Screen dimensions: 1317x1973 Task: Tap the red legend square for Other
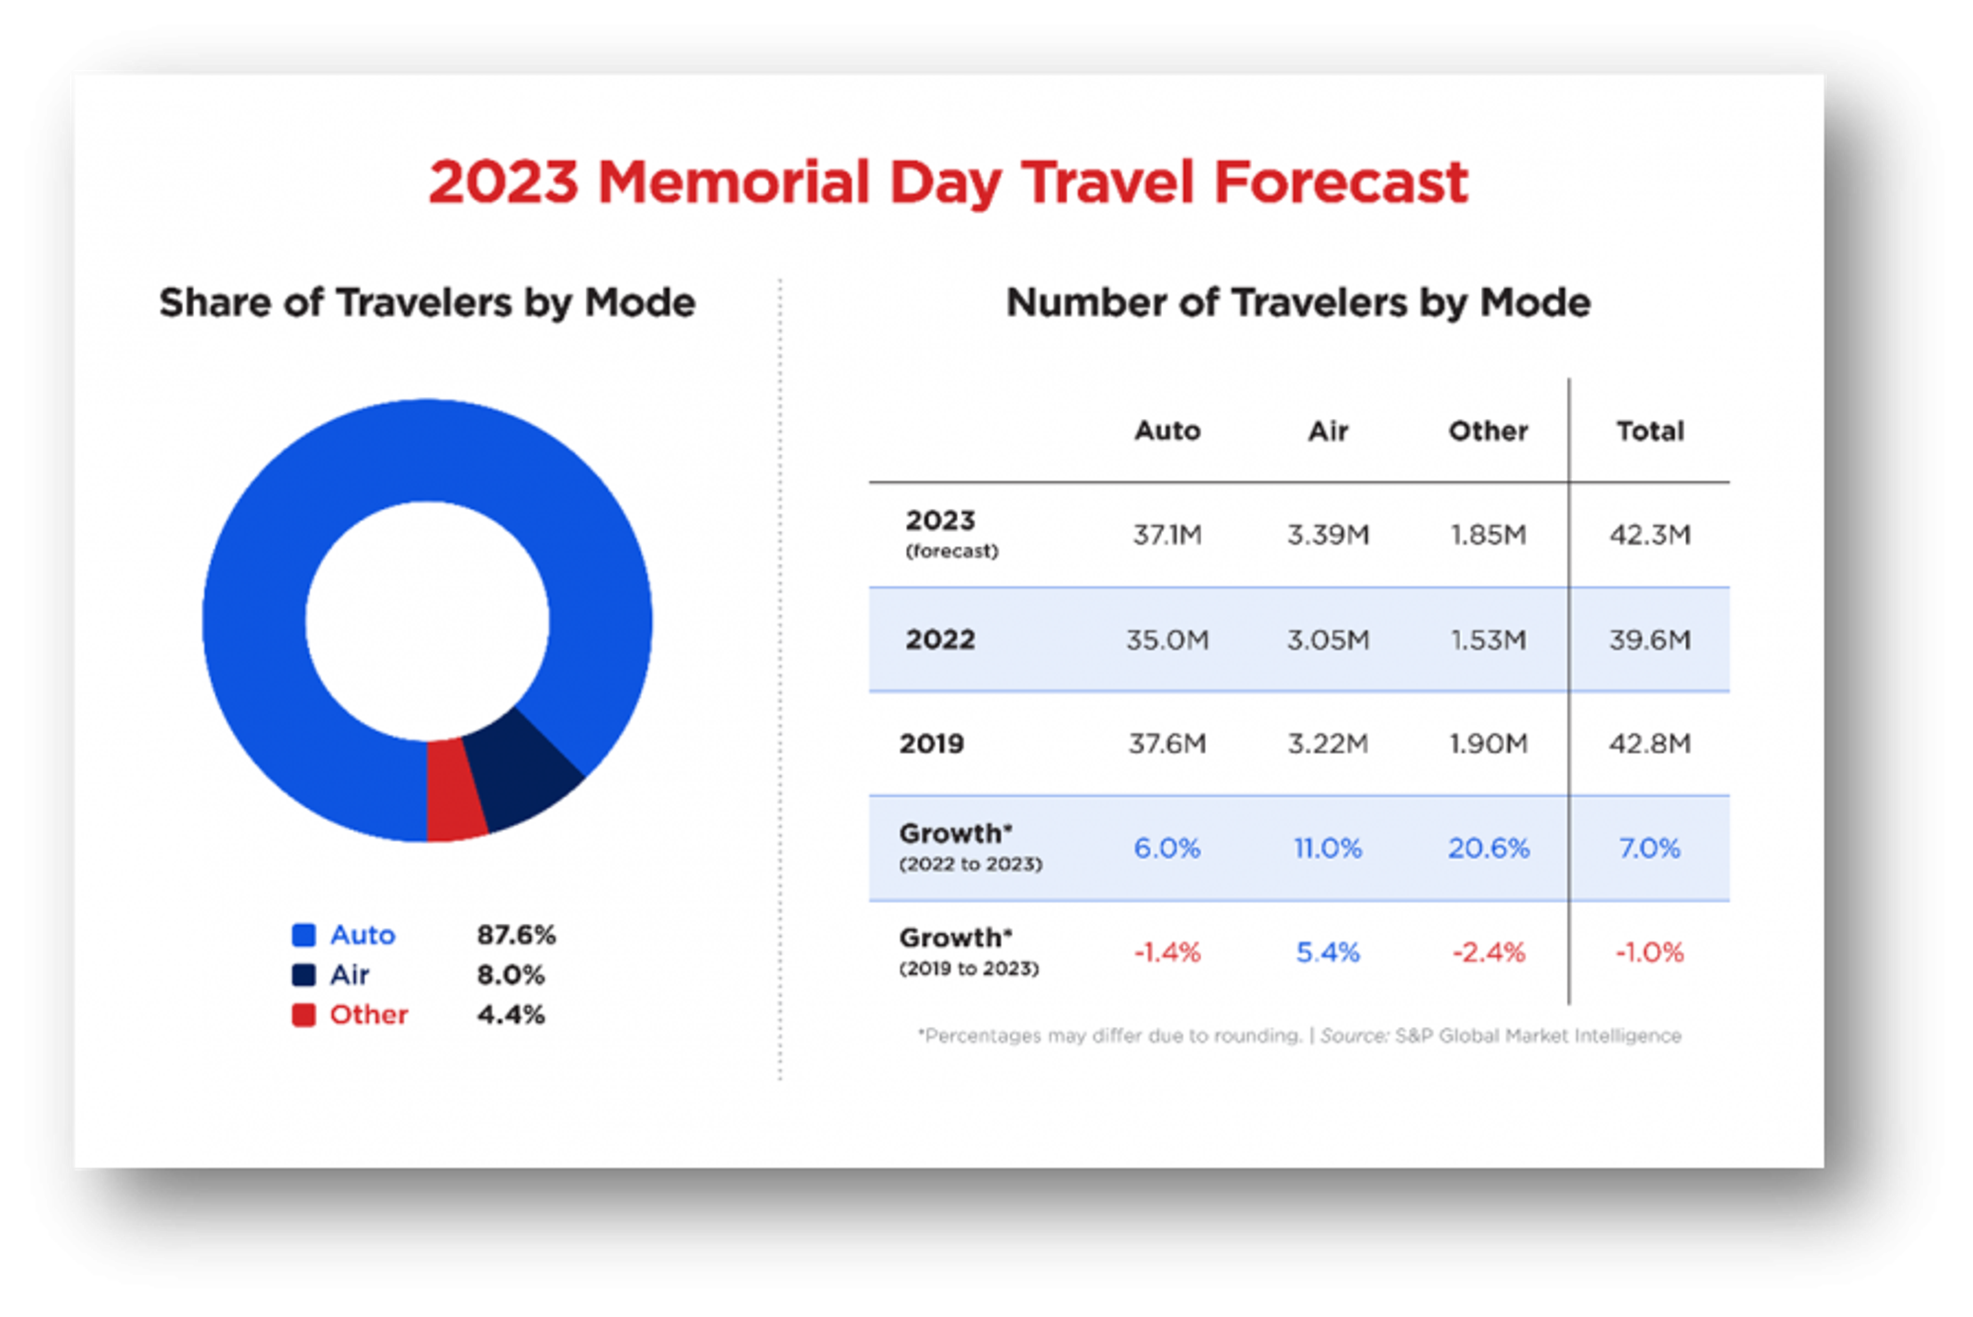(303, 1015)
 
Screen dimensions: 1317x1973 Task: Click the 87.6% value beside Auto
(516, 935)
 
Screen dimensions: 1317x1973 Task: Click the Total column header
(1650, 431)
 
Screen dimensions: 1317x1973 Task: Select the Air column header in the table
(1328, 431)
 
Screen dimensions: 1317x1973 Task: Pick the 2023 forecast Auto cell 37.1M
(1167, 535)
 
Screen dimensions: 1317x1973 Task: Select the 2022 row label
(940, 640)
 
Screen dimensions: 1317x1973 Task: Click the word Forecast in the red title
(1342, 182)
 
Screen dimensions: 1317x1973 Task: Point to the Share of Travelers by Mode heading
(427, 302)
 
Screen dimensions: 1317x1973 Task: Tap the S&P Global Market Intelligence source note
(1537, 1035)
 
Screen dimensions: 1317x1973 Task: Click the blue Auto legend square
(303, 935)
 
